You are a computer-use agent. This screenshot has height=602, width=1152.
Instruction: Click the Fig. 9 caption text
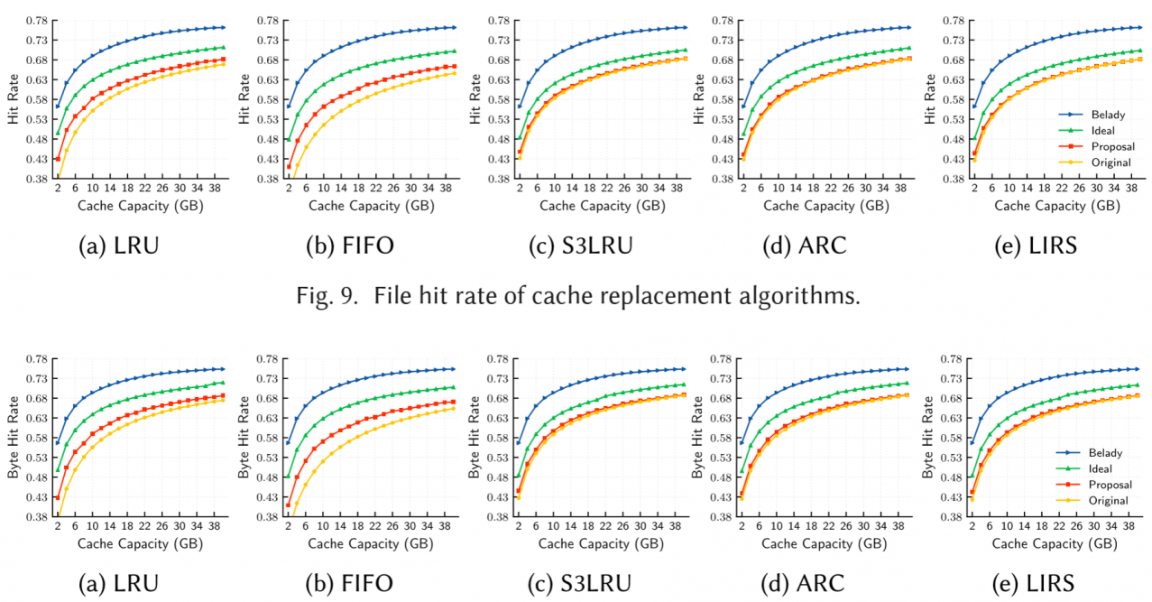576,293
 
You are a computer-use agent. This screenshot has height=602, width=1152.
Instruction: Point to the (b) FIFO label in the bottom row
352,583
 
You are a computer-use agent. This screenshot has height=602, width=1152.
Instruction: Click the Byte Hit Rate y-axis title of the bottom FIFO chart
241,438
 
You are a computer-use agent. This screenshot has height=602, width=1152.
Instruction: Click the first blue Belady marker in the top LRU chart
58,107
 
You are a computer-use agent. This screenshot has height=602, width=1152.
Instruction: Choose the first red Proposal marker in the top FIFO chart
289,166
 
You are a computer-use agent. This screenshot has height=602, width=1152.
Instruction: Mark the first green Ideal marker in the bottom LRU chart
58,469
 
